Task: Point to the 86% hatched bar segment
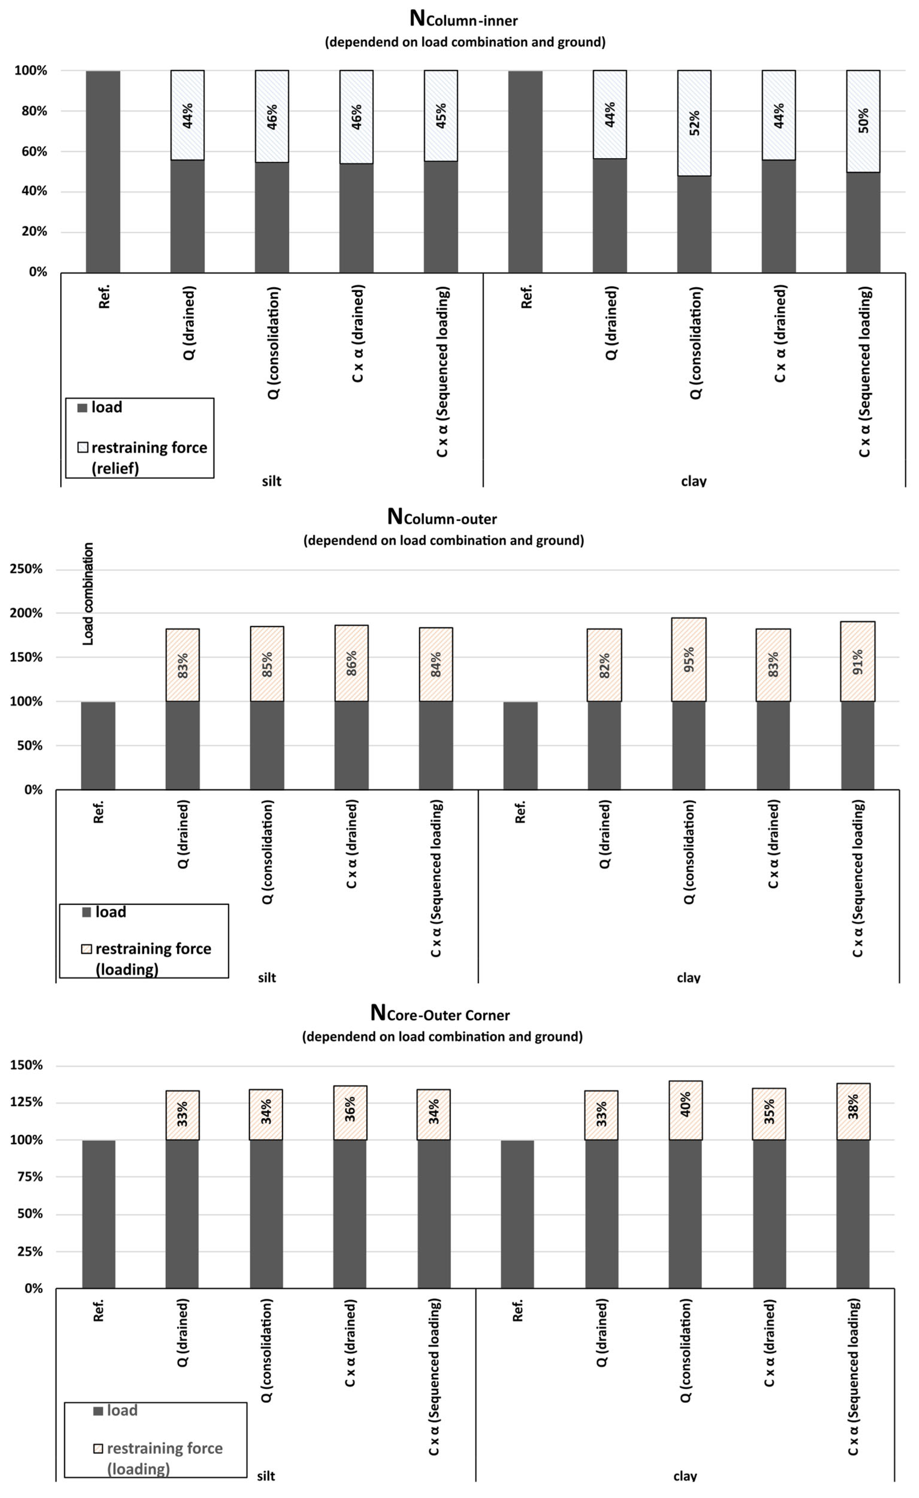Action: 351,663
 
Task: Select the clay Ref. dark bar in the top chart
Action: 525,171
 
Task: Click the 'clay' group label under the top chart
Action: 693,481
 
